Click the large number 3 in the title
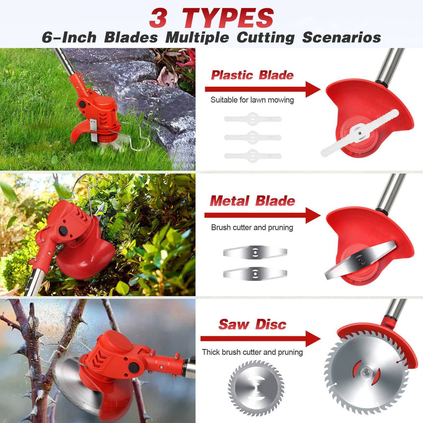coord(158,18)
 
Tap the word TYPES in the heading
coord(228,18)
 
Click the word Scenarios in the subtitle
coord(341,37)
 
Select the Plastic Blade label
coord(252,75)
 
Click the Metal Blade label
coord(252,201)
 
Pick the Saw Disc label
coord(252,324)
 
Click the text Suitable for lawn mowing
coord(252,100)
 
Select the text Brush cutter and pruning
coord(252,227)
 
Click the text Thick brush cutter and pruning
coord(252,352)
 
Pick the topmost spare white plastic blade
coord(253,119)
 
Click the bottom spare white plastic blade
coord(253,156)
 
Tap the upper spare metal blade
coord(255,252)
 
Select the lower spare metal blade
coord(255,273)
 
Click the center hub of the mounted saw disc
coord(366,372)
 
